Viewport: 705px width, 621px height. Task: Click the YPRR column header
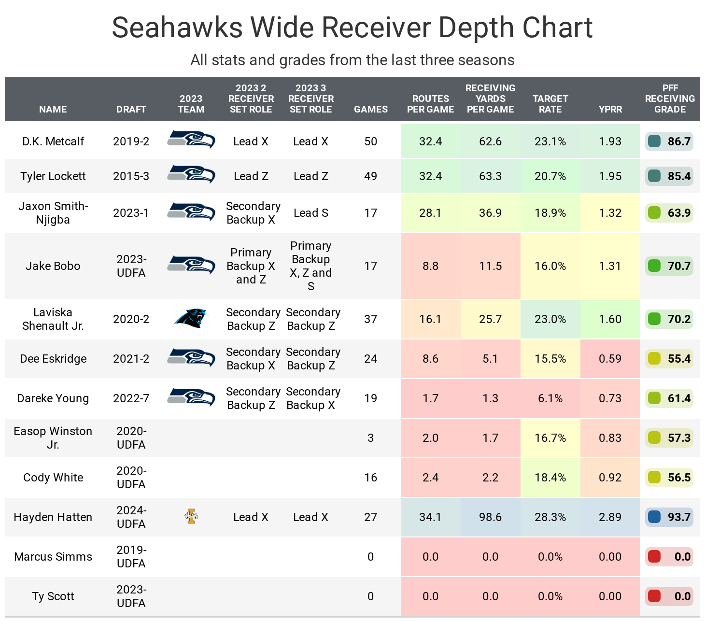tap(610, 109)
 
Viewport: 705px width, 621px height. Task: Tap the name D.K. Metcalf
tap(53, 141)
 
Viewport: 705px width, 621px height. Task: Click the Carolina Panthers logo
tap(191, 319)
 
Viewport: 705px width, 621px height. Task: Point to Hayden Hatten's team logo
tap(191, 517)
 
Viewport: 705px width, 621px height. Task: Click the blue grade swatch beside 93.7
tap(654, 517)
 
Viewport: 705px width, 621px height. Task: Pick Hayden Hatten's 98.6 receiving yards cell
tap(490, 517)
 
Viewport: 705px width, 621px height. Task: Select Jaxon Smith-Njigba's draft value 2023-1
tap(131, 213)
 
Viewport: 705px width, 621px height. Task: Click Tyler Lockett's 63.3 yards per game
tap(490, 176)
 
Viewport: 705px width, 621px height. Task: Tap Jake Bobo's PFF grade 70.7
tap(679, 266)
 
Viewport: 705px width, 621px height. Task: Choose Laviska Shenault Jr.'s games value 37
tap(370, 319)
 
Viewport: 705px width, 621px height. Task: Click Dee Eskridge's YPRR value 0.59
tap(610, 359)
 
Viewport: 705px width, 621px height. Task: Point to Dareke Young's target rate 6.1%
tap(550, 398)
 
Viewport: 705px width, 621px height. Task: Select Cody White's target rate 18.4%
tap(550, 478)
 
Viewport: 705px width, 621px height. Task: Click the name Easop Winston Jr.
tap(53, 438)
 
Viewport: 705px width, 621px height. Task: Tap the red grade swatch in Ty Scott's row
tap(654, 596)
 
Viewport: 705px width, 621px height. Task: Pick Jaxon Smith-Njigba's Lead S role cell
tap(310, 213)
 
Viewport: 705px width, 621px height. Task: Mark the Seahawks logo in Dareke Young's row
tap(191, 398)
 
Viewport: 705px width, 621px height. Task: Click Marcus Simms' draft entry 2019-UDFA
tap(131, 557)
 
